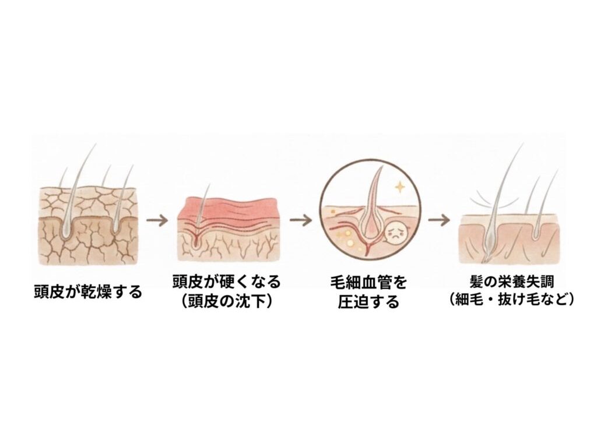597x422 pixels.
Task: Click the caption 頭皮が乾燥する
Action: pyautogui.click(x=88, y=292)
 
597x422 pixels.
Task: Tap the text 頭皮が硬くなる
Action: pyautogui.click(x=227, y=282)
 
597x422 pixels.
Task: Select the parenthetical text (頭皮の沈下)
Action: pyautogui.click(x=227, y=302)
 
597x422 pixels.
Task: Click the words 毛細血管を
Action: pyautogui.click(x=368, y=283)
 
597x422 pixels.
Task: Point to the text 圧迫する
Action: pyautogui.click(x=368, y=302)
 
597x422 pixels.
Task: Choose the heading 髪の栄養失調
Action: pyautogui.click(x=511, y=282)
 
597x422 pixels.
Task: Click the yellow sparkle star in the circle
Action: pyautogui.click(x=400, y=187)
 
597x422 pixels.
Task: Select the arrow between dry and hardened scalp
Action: pyautogui.click(x=157, y=220)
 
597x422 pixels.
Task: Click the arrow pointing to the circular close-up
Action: pyautogui.click(x=301, y=220)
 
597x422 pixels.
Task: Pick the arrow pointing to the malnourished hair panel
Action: pyautogui.click(x=438, y=220)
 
